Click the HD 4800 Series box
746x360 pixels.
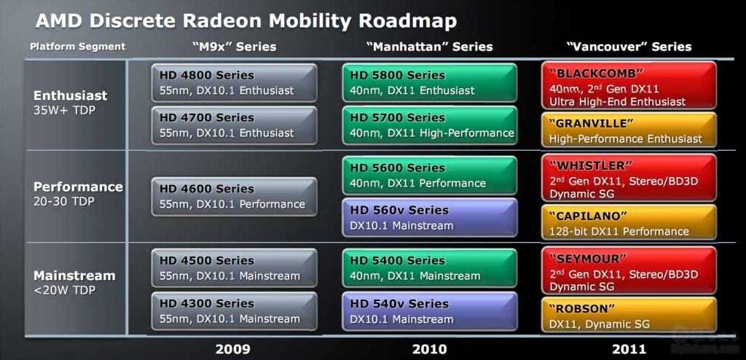[234, 82]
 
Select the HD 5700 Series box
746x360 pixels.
[430, 125]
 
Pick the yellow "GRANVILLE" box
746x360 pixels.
[629, 130]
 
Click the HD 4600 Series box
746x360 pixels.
[234, 197]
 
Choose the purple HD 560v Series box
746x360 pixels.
[430, 218]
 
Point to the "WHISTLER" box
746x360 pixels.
[629, 178]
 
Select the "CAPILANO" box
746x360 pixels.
[629, 222]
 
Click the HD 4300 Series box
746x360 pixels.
[234, 311]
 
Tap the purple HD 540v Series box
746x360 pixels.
[430, 311]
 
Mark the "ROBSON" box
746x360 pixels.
[629, 315]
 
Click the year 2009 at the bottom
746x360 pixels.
[233, 349]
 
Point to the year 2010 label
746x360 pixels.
[430, 349]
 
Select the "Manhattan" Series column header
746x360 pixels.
[430, 47]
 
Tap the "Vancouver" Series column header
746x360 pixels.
[629, 47]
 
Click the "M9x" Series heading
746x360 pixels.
[234, 47]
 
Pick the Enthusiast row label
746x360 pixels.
[71, 95]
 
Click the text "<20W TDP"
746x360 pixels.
[64, 290]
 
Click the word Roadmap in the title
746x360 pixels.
[408, 20]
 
